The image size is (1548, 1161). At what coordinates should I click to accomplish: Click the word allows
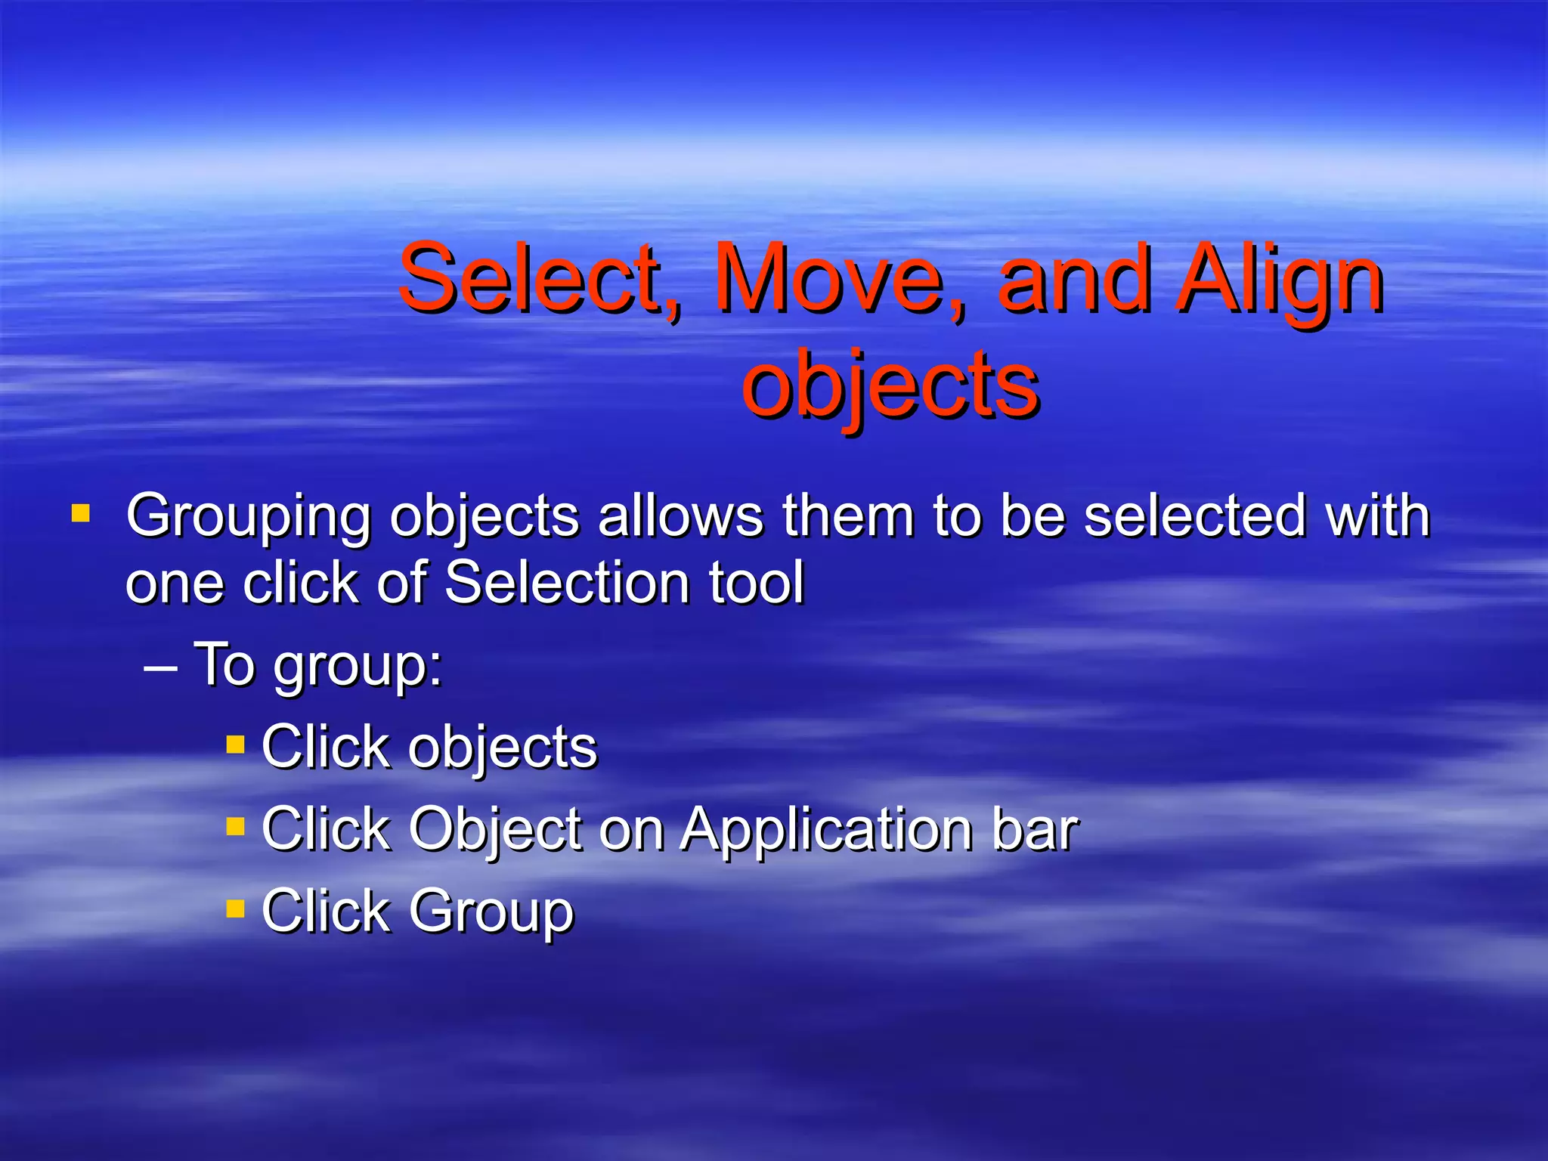(680, 516)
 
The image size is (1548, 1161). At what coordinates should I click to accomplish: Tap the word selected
(1194, 516)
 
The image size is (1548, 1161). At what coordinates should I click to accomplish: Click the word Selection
(567, 583)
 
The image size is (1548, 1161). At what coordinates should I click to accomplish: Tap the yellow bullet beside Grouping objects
(81, 515)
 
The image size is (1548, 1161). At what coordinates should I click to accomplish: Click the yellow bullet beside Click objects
(235, 745)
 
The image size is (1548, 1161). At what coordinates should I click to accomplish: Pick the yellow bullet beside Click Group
(235, 908)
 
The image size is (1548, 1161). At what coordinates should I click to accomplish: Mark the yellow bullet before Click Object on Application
(235, 826)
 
